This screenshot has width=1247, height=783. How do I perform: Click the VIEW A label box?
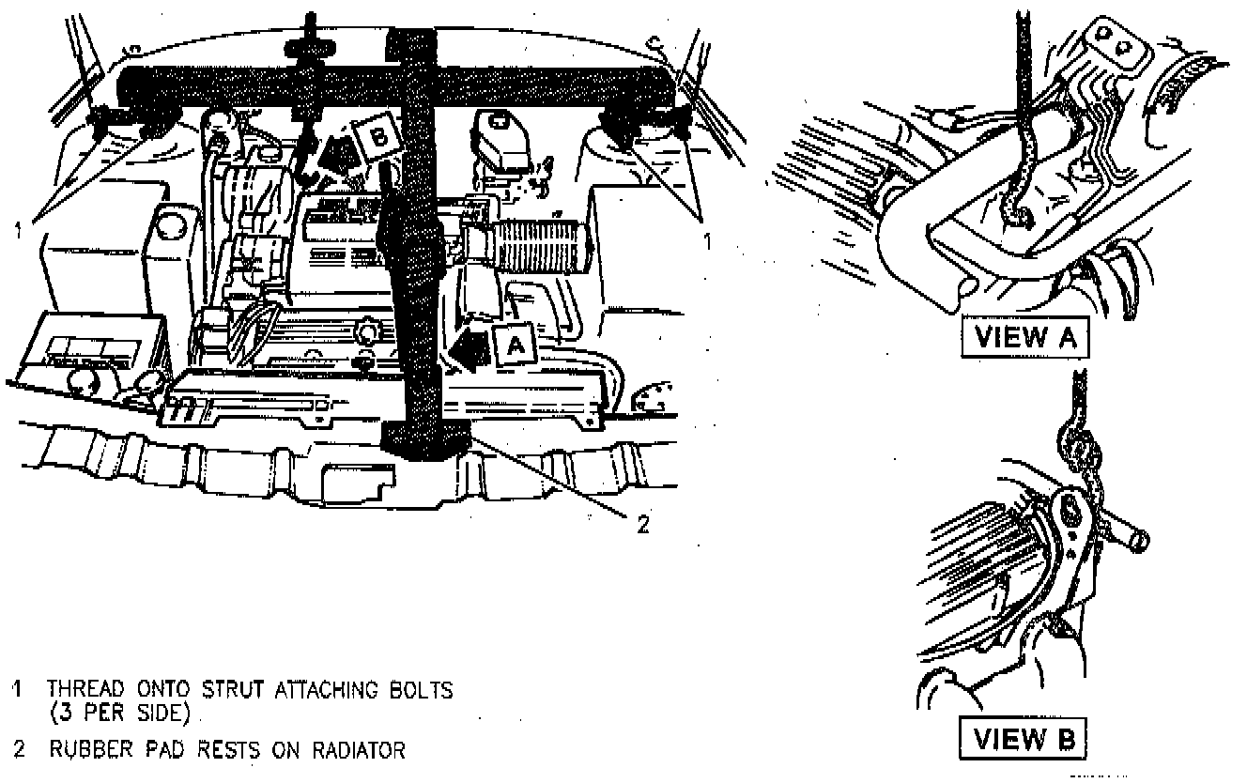[1025, 338]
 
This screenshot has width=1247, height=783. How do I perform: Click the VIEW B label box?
[1024, 737]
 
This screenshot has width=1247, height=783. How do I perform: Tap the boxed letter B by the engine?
[377, 137]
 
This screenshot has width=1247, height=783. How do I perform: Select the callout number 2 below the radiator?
[642, 525]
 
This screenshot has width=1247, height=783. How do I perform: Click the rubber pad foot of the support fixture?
[427, 439]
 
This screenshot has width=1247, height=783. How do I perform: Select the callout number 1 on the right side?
[708, 241]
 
